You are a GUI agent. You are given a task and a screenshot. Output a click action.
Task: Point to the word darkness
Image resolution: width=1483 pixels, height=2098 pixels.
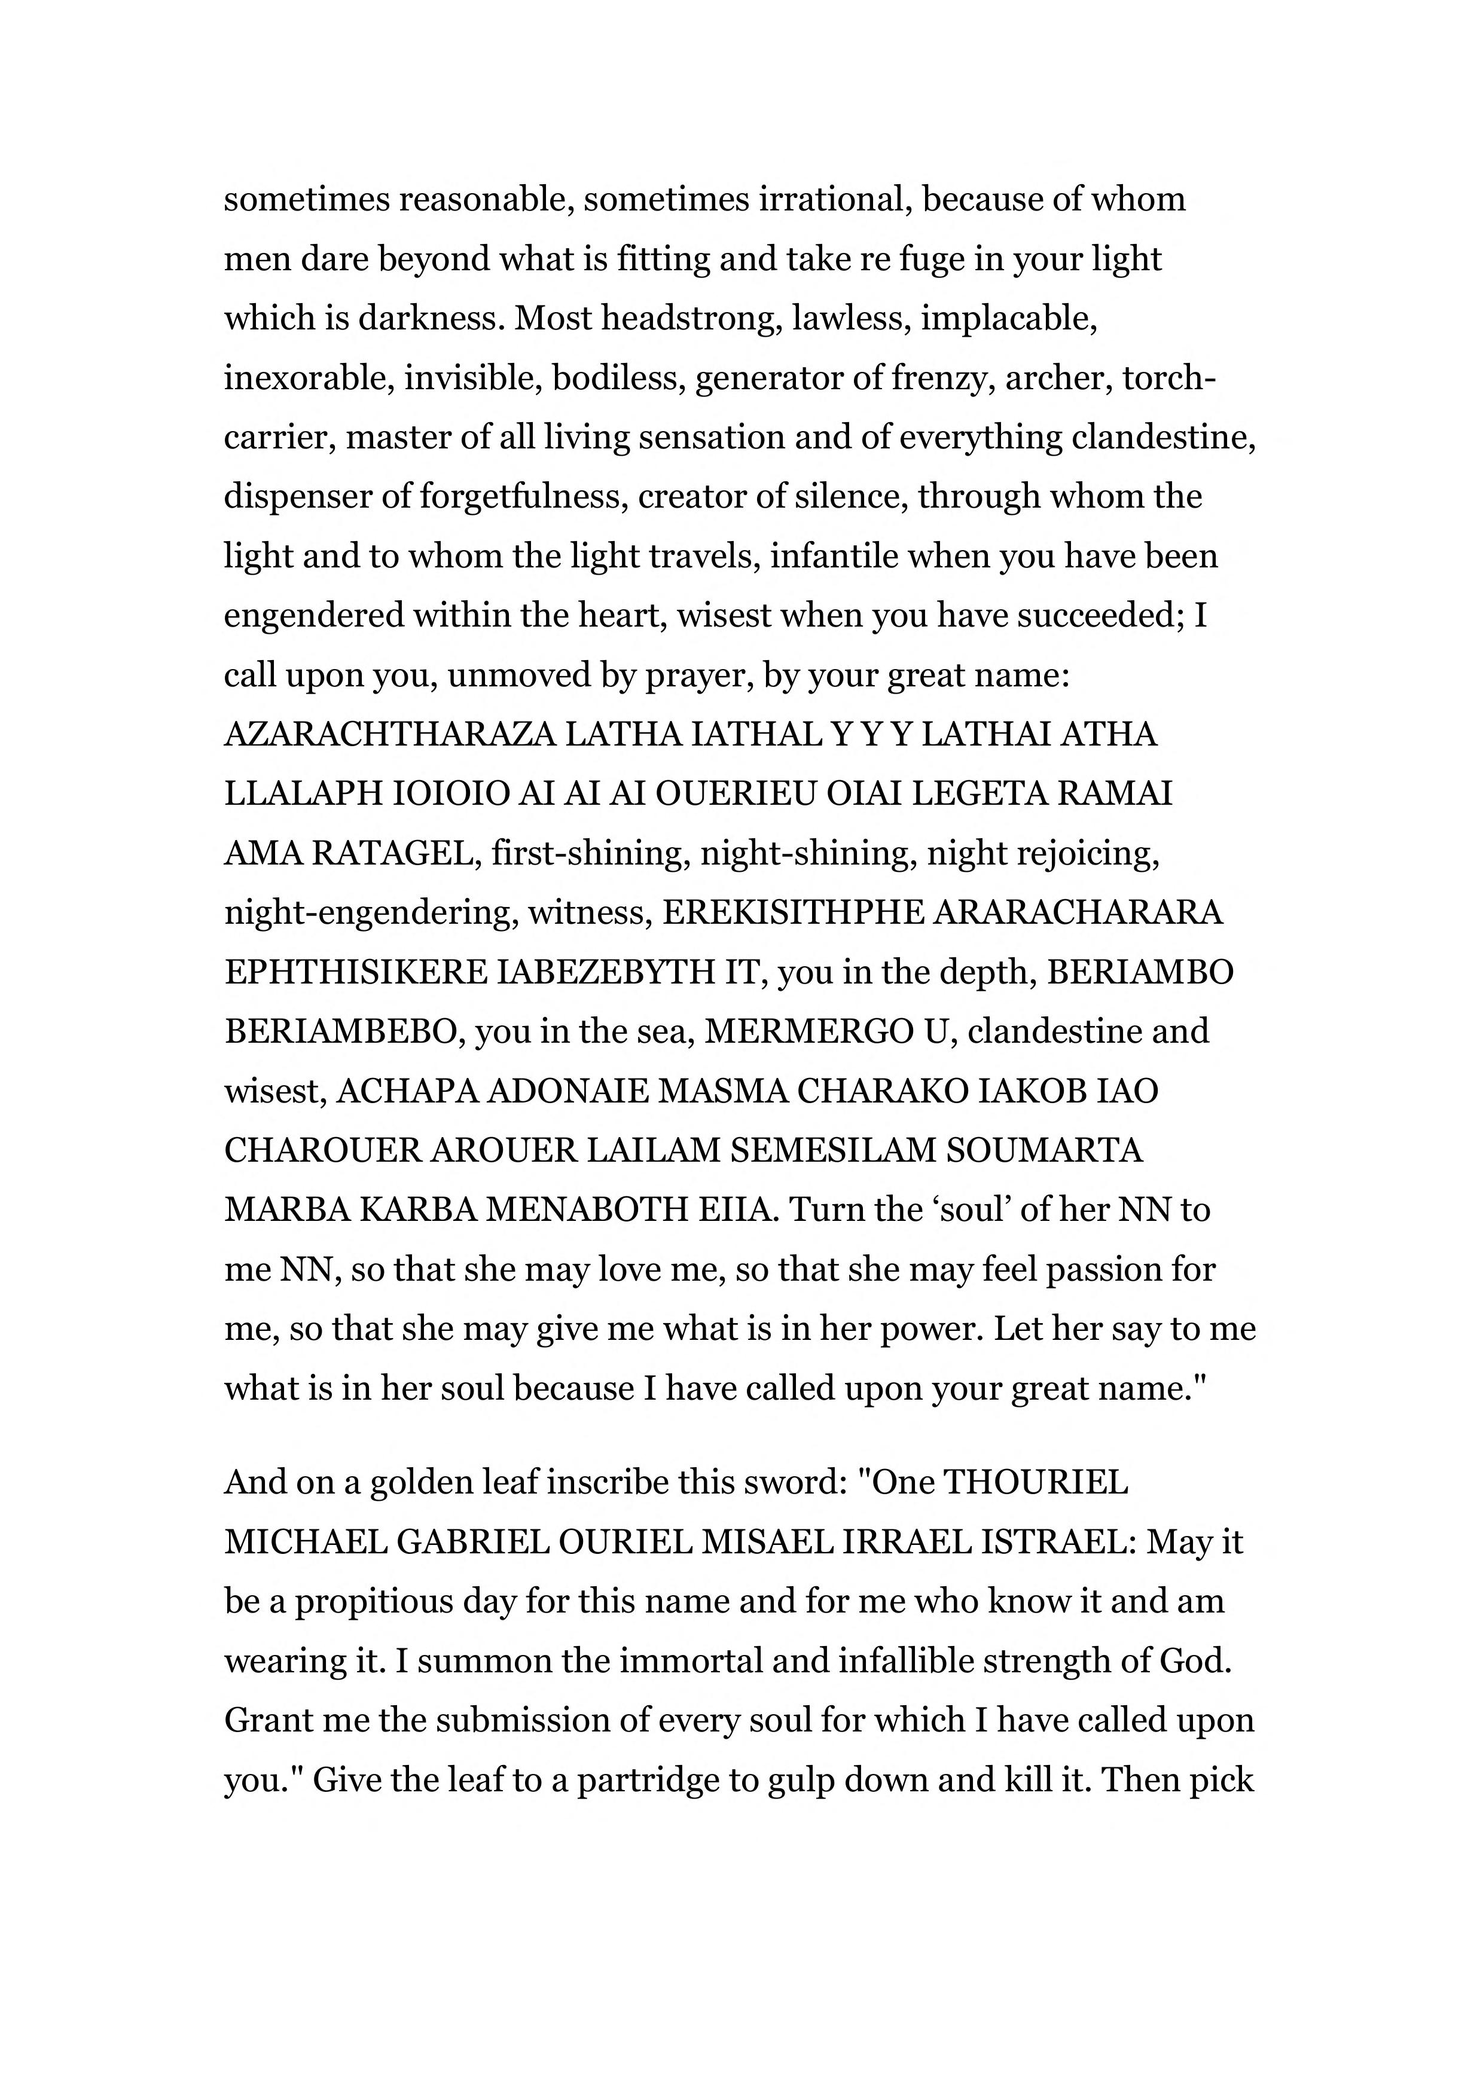(427, 318)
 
